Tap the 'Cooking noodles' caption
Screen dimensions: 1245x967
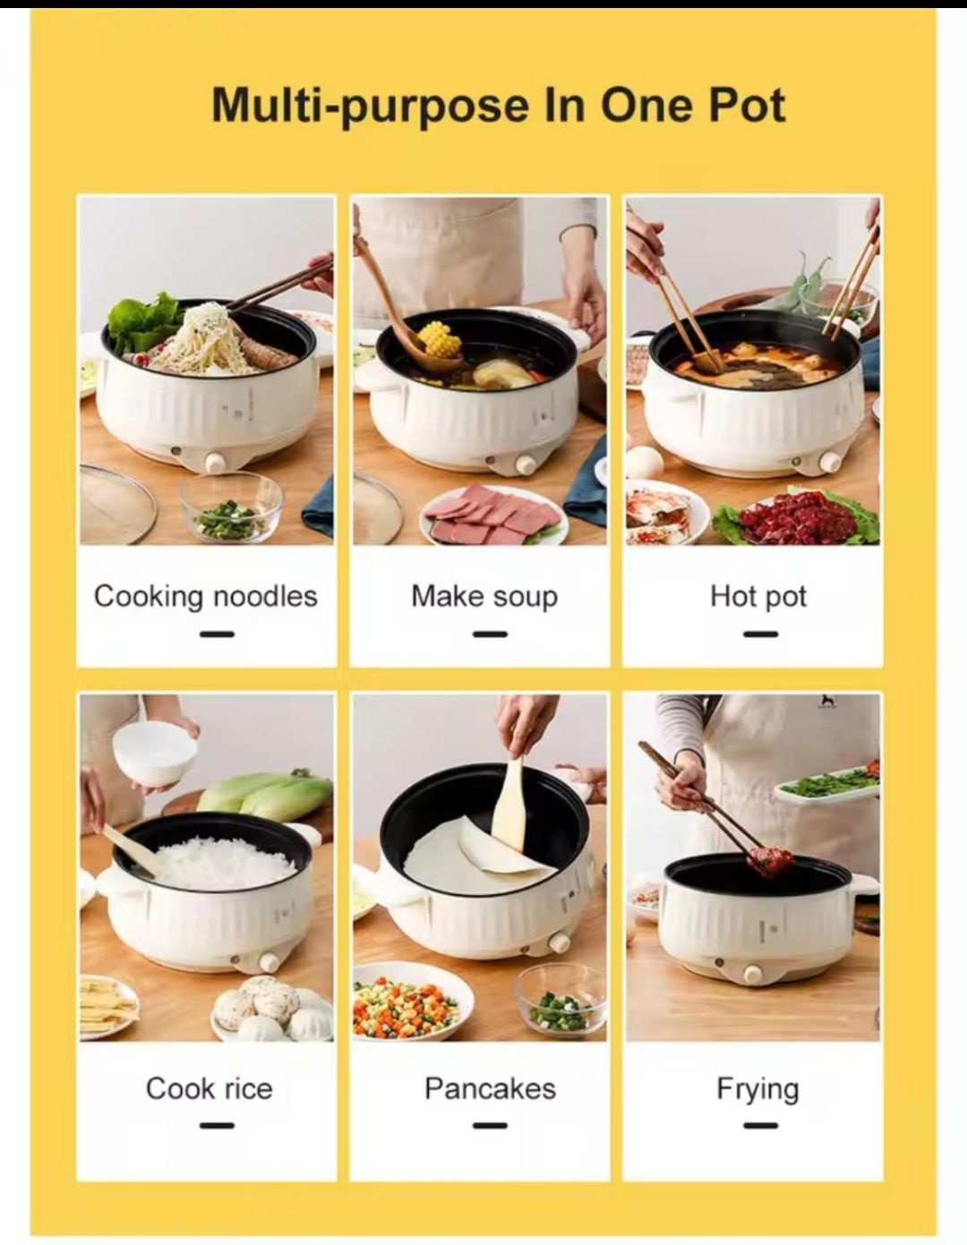(206, 596)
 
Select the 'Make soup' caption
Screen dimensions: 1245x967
(484, 596)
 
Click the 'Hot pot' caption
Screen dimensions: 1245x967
(757, 596)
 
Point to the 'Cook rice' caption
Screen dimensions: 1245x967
(209, 1088)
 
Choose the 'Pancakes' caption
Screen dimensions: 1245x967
(490, 1088)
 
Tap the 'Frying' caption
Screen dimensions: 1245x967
(757, 1088)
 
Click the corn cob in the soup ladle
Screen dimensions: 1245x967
(438, 339)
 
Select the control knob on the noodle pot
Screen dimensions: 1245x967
(215, 462)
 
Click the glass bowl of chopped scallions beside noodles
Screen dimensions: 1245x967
(230, 507)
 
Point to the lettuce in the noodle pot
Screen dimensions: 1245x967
(143, 322)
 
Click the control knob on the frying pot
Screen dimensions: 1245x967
(752, 973)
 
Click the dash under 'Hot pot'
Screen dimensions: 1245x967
(760, 634)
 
